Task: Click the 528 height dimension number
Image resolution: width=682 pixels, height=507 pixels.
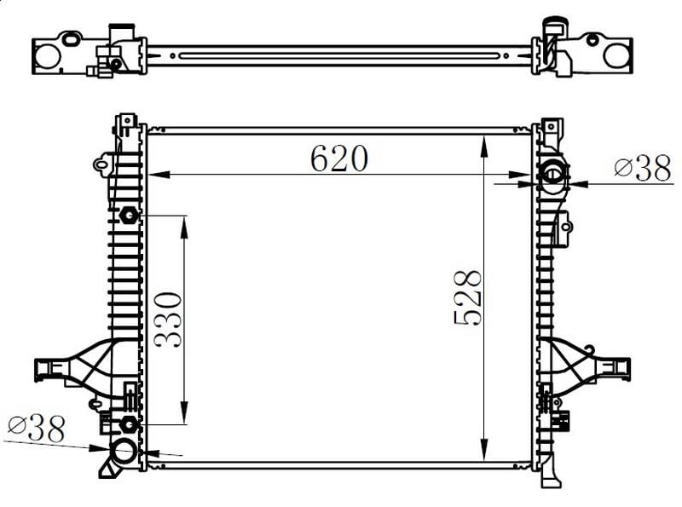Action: (x=468, y=297)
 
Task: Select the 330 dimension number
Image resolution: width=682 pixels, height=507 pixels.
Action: (x=167, y=320)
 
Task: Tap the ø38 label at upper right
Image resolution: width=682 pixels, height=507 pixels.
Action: (x=643, y=168)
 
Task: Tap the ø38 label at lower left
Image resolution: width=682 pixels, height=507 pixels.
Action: (x=37, y=429)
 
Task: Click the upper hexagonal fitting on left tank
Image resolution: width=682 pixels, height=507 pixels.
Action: (x=129, y=215)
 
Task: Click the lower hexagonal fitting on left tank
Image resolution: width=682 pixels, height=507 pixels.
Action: (x=129, y=424)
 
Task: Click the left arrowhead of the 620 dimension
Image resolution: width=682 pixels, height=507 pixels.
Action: (x=159, y=175)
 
